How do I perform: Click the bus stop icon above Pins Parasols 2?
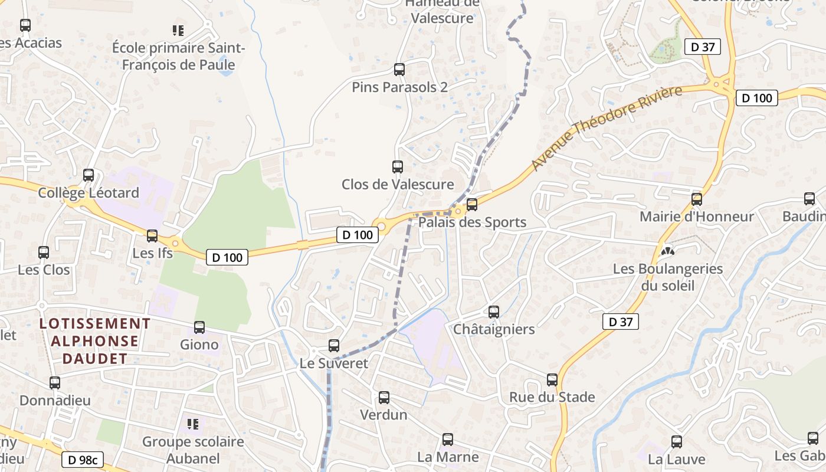click(x=399, y=70)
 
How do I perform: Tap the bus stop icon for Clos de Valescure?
click(x=398, y=167)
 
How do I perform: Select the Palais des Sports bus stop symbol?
click(x=472, y=205)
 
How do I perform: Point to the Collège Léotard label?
click(x=88, y=193)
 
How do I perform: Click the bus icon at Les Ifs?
click(x=152, y=236)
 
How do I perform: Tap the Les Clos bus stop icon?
click(x=44, y=253)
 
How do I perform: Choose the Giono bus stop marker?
click(x=199, y=327)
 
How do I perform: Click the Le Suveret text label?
click(x=334, y=363)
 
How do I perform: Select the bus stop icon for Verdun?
click(x=384, y=398)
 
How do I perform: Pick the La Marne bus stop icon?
click(x=448, y=440)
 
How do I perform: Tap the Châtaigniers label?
click(x=494, y=329)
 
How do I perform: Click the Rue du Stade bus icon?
click(x=552, y=380)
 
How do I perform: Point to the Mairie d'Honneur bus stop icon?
click(x=697, y=199)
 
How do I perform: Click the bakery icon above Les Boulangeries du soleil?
click(x=667, y=251)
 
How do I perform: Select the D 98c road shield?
click(x=82, y=460)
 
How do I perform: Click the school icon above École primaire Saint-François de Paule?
click(x=178, y=30)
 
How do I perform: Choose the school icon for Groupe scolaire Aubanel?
click(x=193, y=424)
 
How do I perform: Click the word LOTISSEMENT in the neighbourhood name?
click(x=95, y=323)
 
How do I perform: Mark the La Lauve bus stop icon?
click(x=677, y=441)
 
